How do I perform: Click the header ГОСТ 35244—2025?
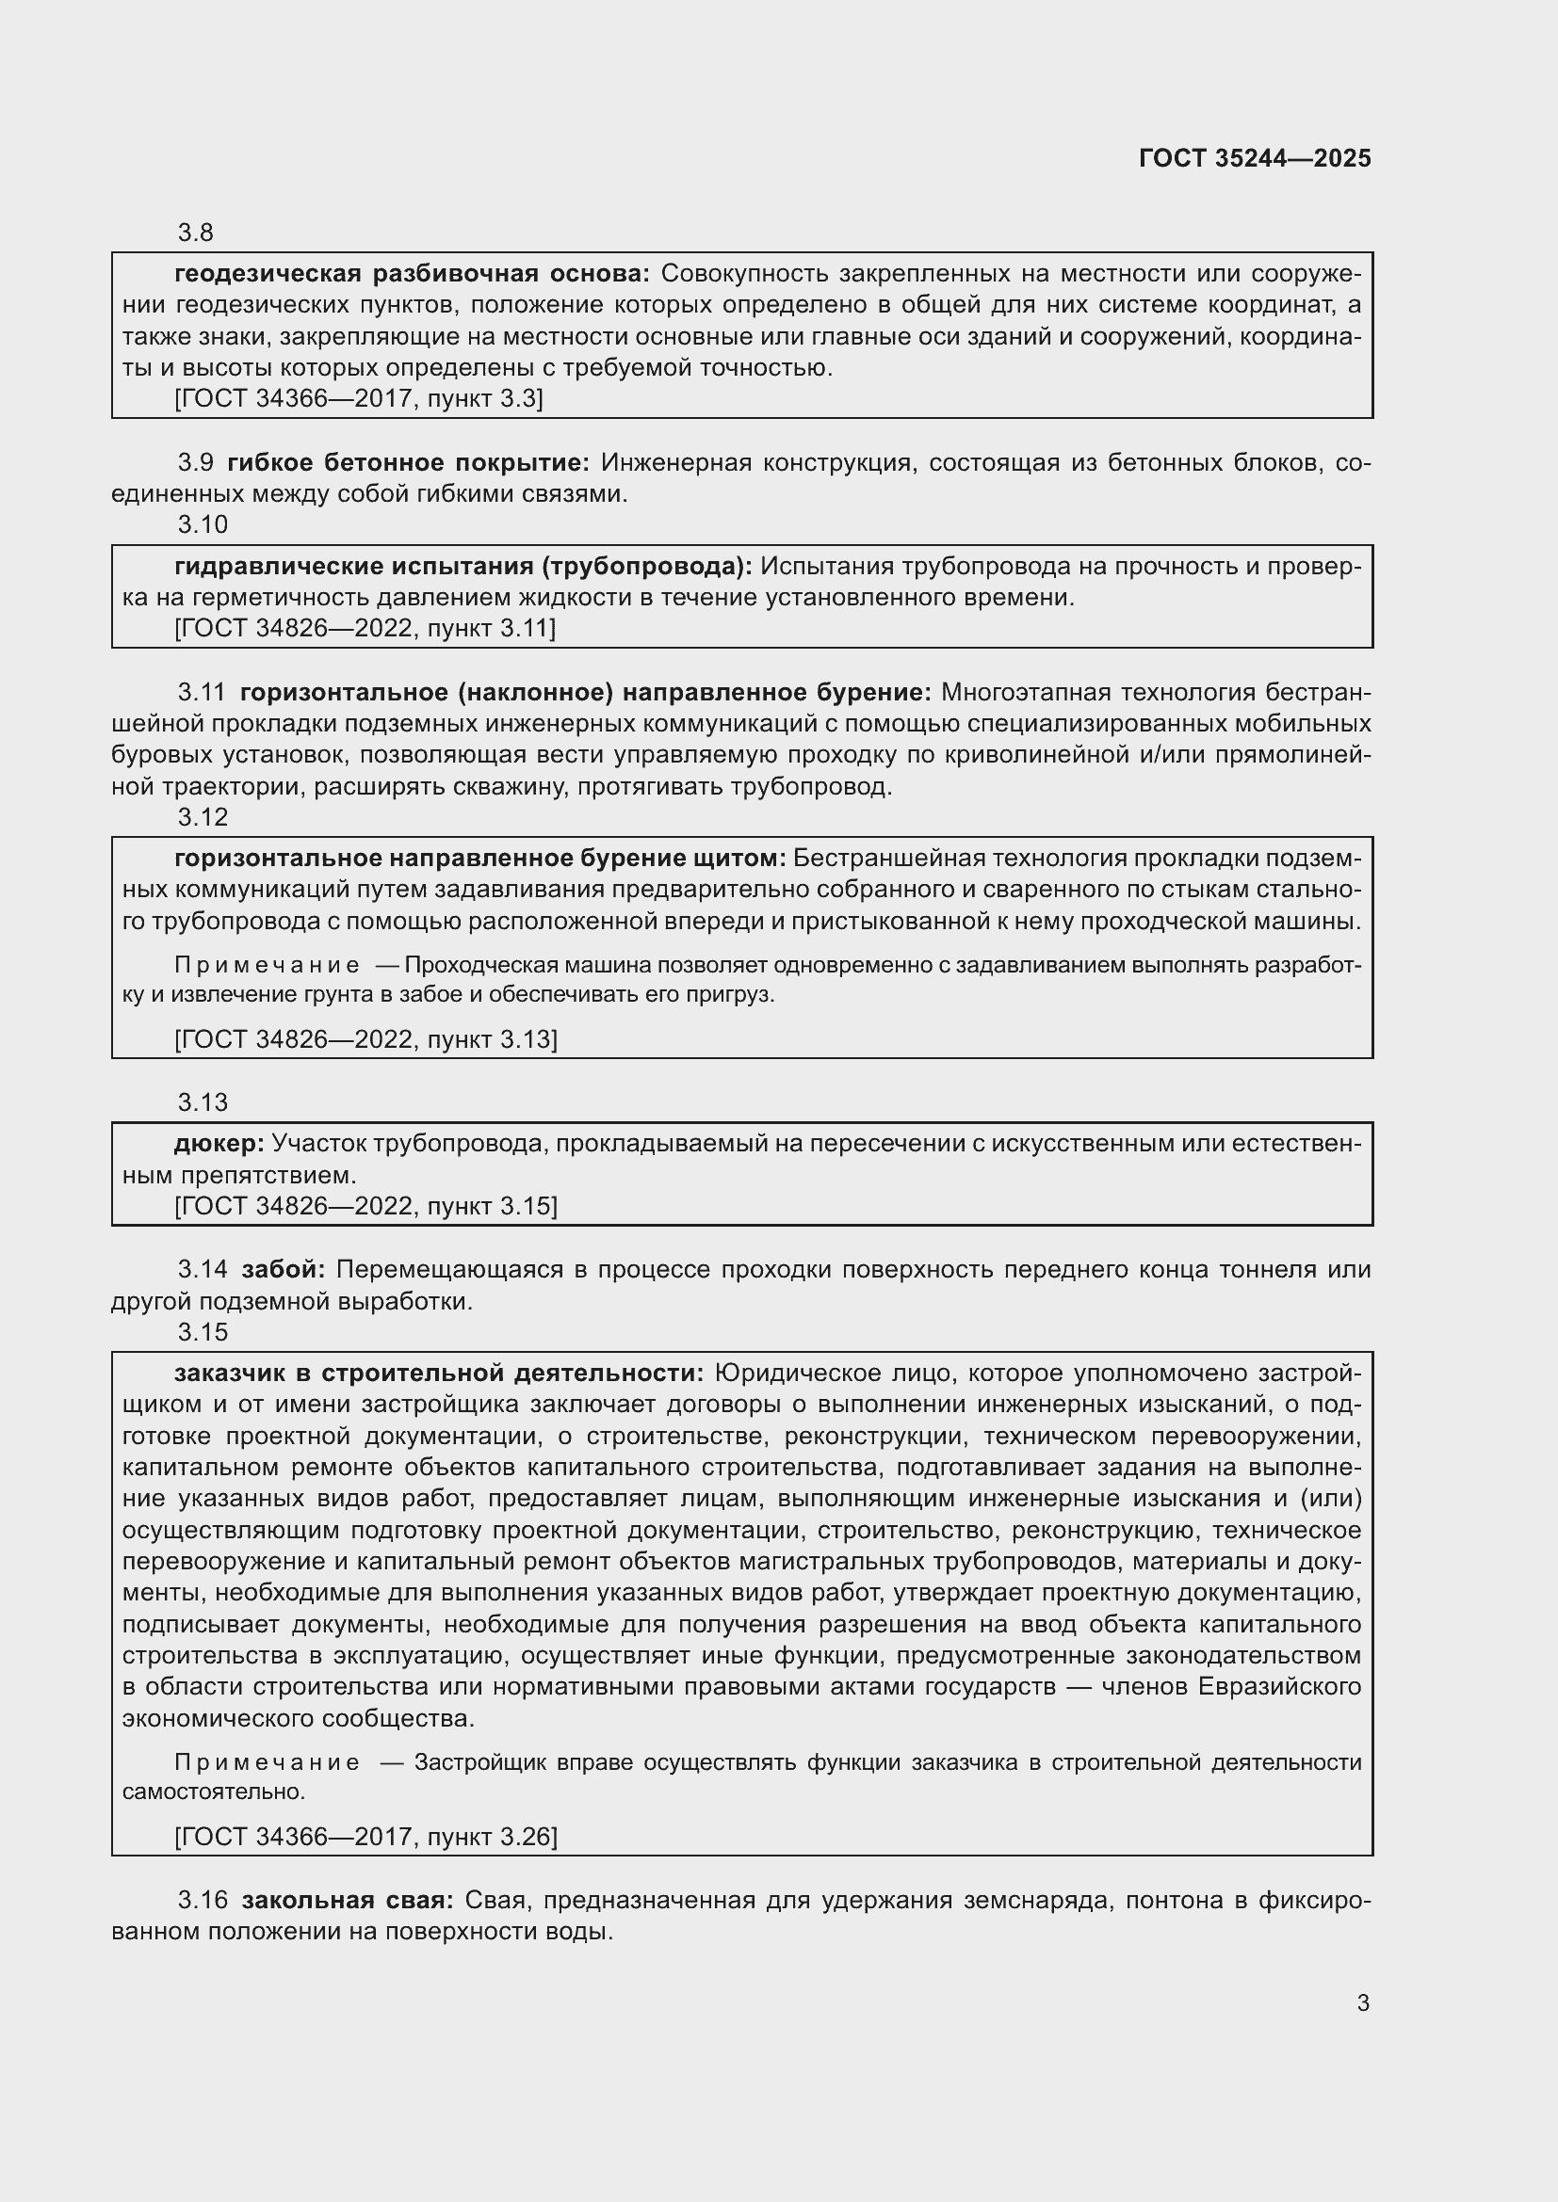(1254, 158)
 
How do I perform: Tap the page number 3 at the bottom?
(1362, 2002)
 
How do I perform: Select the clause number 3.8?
(196, 233)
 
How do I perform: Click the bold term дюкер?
(219, 1143)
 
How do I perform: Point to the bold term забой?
(283, 1270)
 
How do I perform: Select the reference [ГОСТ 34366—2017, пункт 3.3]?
(358, 399)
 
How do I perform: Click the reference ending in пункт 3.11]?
(365, 628)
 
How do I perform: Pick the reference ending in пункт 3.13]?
(365, 1039)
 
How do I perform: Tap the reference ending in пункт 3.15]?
(365, 1207)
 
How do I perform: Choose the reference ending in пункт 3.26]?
(365, 1837)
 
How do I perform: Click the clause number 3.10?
(203, 524)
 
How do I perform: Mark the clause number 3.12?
(203, 817)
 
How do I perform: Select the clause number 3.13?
(203, 1102)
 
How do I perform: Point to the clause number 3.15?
(203, 1332)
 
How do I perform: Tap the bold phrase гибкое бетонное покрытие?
(409, 463)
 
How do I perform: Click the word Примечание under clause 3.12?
(267, 965)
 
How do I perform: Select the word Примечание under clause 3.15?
(267, 1761)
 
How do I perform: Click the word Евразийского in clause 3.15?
(1280, 1686)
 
